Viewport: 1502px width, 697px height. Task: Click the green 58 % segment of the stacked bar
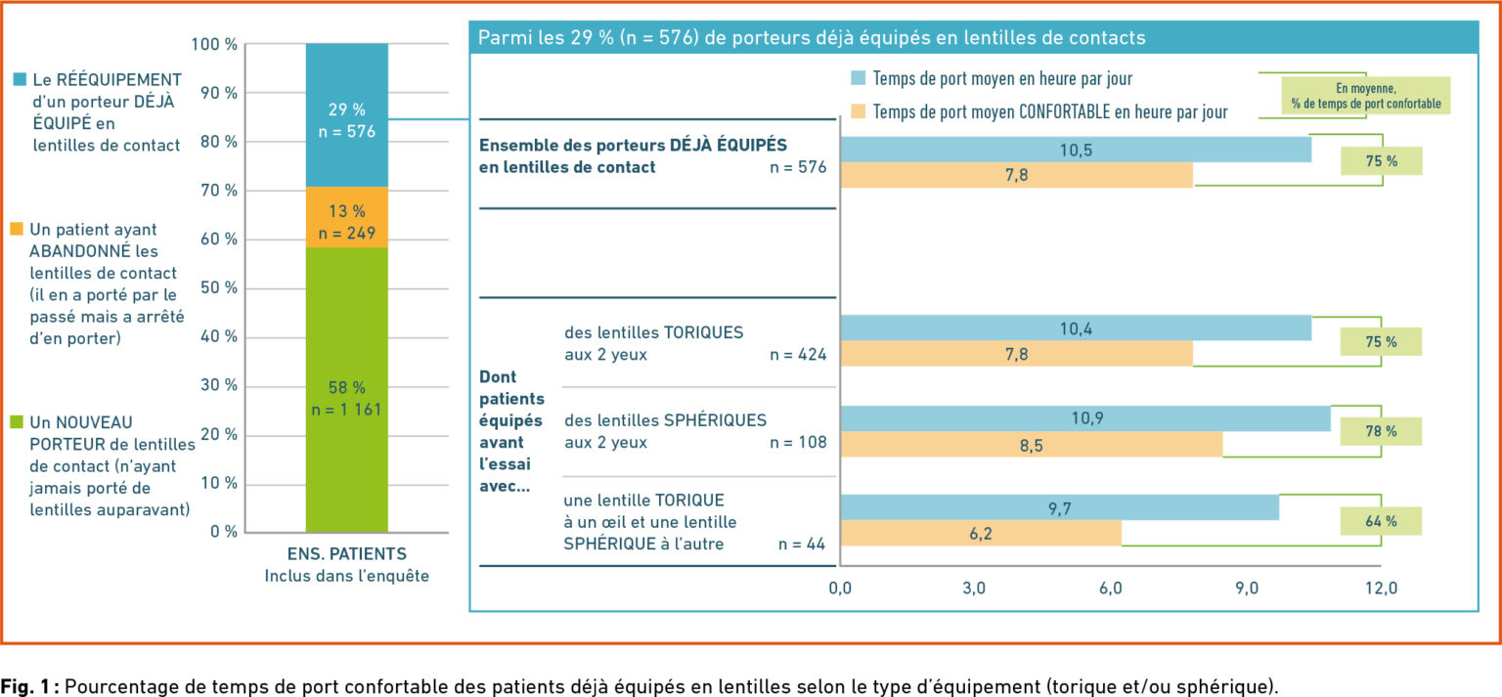pos(346,391)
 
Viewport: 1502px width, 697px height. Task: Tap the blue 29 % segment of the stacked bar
pos(346,115)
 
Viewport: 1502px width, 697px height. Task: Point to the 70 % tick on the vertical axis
pos(218,191)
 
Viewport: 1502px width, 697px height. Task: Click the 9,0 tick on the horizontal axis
pos(1245,588)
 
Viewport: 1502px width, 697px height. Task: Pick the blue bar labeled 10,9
pos(1084,418)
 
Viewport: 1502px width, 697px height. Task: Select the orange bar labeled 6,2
pos(980,534)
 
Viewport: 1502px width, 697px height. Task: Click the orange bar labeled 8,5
pos(1031,444)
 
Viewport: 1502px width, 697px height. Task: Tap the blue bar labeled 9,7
pos(1059,507)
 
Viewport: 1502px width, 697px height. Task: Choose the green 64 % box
pos(1380,521)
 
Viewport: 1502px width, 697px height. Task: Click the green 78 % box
pos(1380,431)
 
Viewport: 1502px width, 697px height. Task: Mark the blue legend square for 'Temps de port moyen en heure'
pos(858,78)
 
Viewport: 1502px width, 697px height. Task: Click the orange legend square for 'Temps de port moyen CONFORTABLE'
pos(858,111)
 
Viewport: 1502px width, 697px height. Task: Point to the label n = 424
pos(798,355)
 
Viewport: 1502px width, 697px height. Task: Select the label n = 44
pos(803,544)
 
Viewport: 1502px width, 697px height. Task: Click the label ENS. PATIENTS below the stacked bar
pos(346,553)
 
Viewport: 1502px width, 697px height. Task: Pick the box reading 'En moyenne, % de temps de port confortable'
pos(1365,96)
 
